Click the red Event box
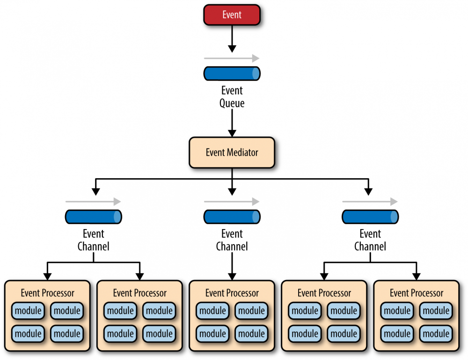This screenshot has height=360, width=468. [232, 14]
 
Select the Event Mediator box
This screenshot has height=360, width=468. [232, 152]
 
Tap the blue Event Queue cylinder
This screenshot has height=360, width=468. [232, 73]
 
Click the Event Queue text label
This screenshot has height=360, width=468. [232, 97]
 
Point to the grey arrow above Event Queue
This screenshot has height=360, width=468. [232, 58]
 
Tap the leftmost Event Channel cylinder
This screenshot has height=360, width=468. [93, 216]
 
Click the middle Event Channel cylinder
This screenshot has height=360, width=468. [232, 216]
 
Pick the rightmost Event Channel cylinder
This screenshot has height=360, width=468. [370, 216]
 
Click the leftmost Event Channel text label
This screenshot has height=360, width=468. [93, 240]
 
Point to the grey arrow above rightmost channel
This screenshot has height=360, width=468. [370, 202]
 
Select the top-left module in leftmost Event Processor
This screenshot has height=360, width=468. [29, 310]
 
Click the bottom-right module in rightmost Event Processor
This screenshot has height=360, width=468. [436, 334]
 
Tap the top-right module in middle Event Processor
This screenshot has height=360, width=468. [252, 310]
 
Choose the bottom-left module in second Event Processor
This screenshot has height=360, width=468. [121, 334]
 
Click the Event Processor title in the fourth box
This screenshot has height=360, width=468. [324, 293]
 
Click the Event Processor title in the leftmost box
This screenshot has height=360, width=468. [47, 293]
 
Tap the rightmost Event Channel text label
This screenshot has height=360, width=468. [370, 240]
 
